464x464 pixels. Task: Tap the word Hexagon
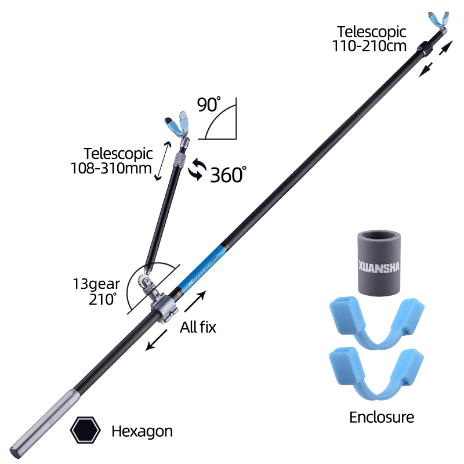[142, 431]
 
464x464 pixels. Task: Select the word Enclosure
[382, 416]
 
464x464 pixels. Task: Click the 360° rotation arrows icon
[197, 169]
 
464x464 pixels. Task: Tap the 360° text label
[228, 174]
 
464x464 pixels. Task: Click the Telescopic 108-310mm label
[118, 161]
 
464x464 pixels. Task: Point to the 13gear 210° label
[104, 291]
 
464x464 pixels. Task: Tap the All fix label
[198, 327]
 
